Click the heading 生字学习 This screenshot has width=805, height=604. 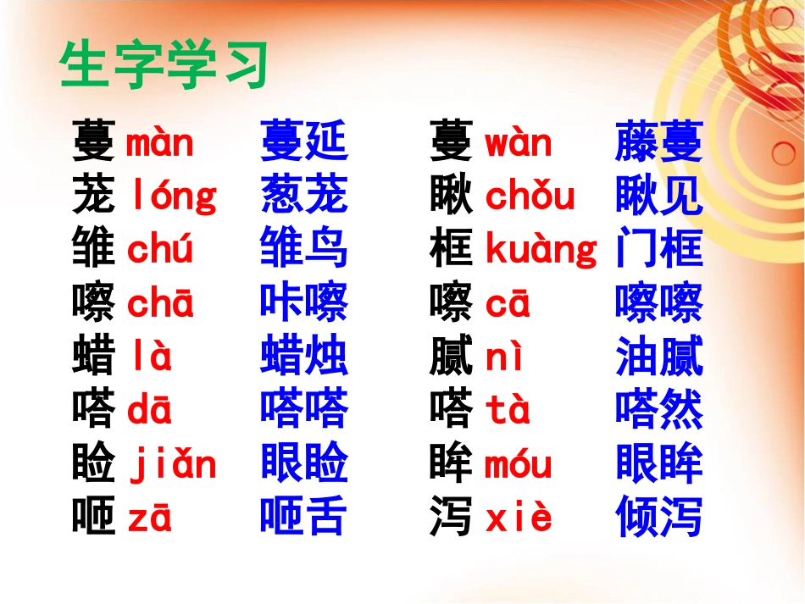click(x=164, y=67)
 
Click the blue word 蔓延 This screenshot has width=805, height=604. click(x=303, y=142)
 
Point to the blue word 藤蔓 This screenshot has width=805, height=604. click(x=659, y=142)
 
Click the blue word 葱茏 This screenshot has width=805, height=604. click(x=303, y=196)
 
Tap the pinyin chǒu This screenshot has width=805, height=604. click(x=530, y=197)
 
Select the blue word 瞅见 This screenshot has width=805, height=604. click(x=659, y=196)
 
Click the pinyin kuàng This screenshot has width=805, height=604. click(x=541, y=251)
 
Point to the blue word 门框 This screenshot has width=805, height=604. click(x=659, y=250)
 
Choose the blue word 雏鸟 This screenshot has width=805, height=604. click(x=303, y=250)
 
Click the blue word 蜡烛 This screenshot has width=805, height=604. click(x=303, y=357)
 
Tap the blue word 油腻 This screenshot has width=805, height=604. click(x=659, y=357)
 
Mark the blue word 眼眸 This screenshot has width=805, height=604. click(x=659, y=464)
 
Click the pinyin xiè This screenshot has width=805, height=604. click(x=519, y=518)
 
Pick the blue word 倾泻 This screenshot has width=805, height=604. click(x=659, y=518)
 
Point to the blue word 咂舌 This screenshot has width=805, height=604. click(x=303, y=518)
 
